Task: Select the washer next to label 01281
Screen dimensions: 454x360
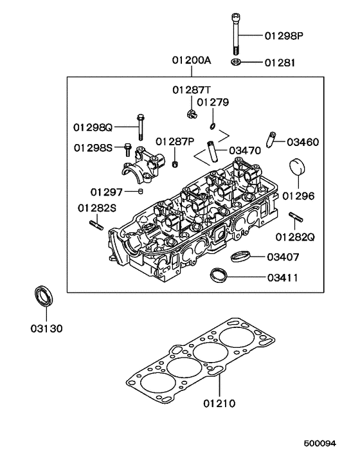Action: [236, 62]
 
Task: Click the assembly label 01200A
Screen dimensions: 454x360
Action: [191, 60]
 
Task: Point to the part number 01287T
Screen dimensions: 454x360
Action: [191, 89]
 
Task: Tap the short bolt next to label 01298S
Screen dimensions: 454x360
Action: [127, 149]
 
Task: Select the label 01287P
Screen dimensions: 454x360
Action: [174, 141]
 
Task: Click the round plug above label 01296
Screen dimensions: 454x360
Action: [298, 168]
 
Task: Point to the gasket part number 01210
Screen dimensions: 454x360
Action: [219, 404]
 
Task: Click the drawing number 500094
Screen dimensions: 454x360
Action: [320, 444]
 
